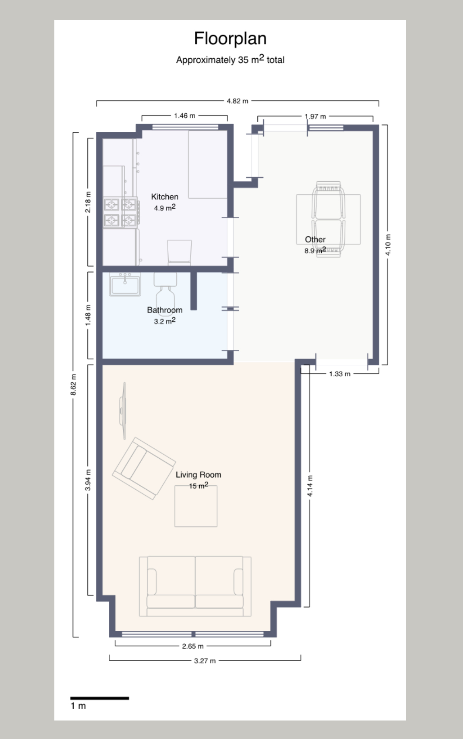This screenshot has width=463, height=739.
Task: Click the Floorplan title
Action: [230, 39]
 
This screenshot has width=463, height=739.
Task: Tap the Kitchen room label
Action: [165, 197]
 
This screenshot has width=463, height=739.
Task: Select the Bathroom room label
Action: [165, 310]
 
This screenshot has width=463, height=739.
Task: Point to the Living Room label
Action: [198, 474]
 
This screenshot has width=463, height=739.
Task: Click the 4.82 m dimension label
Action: [238, 101]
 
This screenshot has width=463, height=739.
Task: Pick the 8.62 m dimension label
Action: [73, 385]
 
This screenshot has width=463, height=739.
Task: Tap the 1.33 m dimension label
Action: [340, 374]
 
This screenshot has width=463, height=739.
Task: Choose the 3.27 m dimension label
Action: [205, 661]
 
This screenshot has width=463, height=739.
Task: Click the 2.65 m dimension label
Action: [193, 646]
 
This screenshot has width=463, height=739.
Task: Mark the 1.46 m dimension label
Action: [185, 116]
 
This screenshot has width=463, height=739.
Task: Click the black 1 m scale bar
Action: [99, 698]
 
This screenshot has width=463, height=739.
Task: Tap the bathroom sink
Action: [125, 284]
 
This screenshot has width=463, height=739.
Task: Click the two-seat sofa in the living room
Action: [195, 586]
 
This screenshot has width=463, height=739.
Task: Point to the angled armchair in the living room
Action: [144, 468]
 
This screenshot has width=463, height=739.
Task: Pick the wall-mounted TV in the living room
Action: [123, 411]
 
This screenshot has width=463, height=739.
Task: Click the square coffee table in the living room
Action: [196, 506]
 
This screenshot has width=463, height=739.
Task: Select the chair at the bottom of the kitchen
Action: [179, 252]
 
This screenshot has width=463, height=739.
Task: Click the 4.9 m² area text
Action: [165, 207]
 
